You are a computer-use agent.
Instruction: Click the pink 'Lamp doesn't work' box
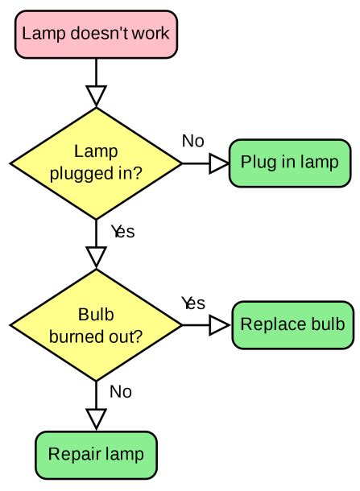[96, 34]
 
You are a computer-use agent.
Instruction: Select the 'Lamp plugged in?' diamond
[96, 163]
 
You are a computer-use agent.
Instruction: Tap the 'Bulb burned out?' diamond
[96, 325]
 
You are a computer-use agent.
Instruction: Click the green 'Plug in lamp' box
[290, 163]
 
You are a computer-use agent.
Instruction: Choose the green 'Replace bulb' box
[293, 325]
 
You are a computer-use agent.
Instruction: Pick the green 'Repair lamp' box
[96, 454]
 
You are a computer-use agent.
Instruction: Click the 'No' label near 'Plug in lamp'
[193, 141]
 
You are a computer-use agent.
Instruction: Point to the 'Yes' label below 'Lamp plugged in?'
[122, 232]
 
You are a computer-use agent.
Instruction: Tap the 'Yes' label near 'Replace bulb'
[193, 303]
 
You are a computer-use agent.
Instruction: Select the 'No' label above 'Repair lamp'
[121, 392]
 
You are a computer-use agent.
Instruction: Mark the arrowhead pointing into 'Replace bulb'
[219, 325]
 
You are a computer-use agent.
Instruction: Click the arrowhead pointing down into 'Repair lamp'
[96, 419]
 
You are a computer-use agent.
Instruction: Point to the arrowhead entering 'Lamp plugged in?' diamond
[96, 96]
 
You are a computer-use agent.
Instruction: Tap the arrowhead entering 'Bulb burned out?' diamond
[96, 257]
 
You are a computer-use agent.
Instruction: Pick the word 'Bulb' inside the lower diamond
[96, 314]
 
